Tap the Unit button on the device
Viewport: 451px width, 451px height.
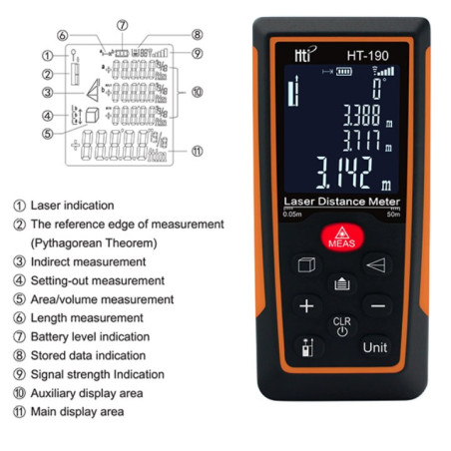click(375, 348)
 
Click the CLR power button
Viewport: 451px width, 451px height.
click(341, 326)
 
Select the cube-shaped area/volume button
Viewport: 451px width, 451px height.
click(306, 265)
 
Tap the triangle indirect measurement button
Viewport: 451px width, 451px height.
click(375, 265)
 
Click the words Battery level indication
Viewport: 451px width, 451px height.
click(90, 336)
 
